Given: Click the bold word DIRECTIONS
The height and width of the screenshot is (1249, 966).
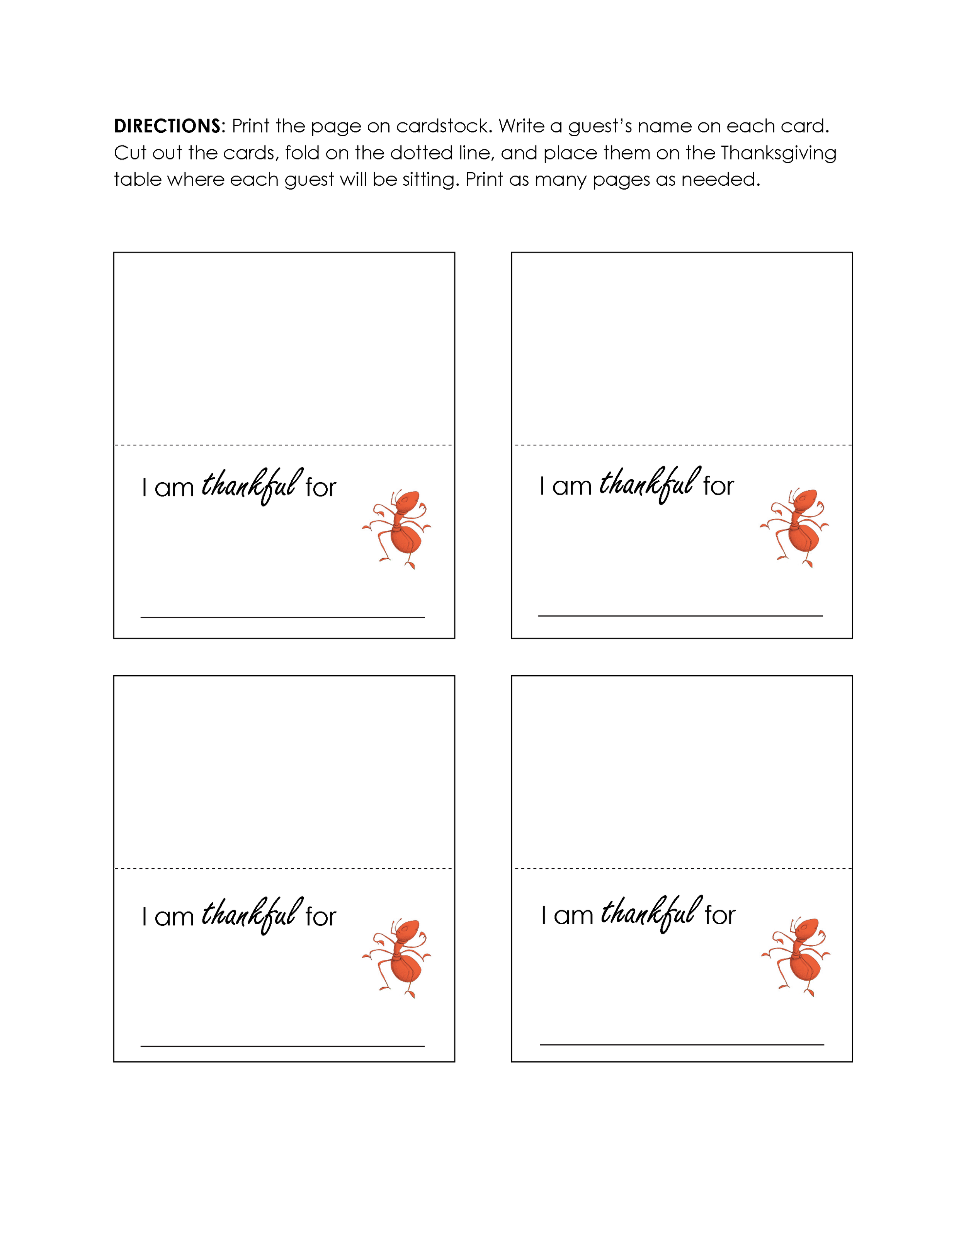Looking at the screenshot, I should [x=167, y=126].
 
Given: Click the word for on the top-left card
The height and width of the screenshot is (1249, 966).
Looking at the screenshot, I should [x=320, y=488].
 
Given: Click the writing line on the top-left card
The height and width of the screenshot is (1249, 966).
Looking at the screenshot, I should [x=283, y=617].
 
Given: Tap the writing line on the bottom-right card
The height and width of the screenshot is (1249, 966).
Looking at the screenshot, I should [x=682, y=1044].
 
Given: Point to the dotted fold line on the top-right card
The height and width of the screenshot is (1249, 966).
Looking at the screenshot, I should [x=682, y=444].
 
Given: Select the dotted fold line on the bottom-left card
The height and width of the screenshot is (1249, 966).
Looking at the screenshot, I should [x=284, y=868].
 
